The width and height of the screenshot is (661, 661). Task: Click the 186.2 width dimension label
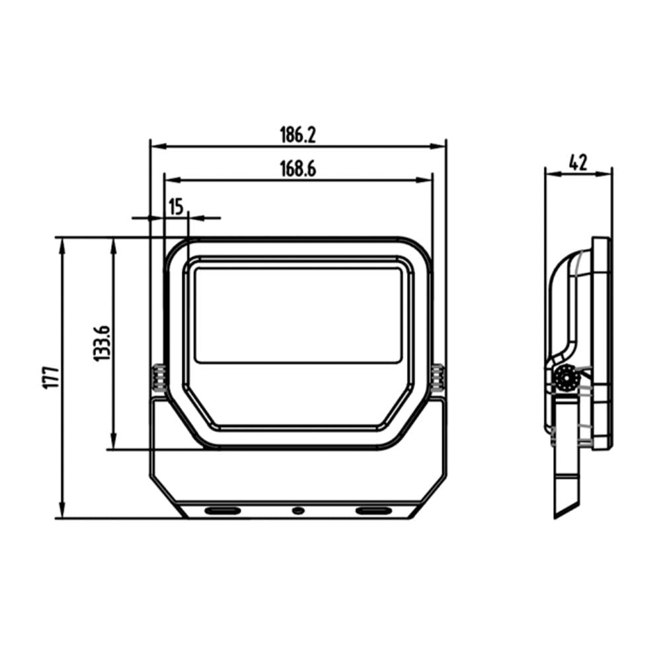point(297,135)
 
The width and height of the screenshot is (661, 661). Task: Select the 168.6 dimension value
point(297,169)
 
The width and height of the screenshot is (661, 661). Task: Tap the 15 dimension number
point(176,207)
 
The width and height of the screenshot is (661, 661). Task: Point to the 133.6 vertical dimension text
point(102,343)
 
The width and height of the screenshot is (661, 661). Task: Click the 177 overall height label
point(52,377)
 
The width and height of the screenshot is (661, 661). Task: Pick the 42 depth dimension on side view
point(578,163)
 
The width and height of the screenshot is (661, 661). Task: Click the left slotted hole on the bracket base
point(223,511)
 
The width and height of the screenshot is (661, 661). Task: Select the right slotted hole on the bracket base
point(373,511)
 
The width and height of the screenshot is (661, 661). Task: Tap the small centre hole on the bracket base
point(298,511)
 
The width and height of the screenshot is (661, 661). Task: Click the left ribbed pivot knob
point(159,378)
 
